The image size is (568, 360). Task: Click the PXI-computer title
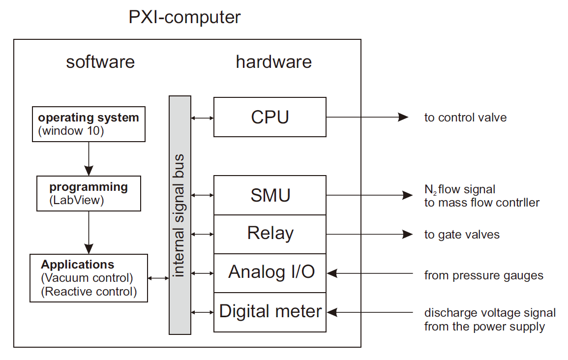click(x=185, y=17)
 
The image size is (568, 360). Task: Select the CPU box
click(x=269, y=117)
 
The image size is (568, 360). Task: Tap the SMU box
click(x=269, y=195)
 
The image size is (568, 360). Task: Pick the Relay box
click(x=269, y=234)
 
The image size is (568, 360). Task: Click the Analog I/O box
click(x=269, y=273)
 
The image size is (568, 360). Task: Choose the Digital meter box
click(x=269, y=312)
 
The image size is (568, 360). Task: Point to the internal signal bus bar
click(x=179, y=215)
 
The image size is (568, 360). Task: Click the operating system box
click(x=89, y=124)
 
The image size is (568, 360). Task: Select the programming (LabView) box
click(x=89, y=194)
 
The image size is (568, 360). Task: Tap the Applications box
click(x=89, y=277)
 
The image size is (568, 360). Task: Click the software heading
click(x=100, y=62)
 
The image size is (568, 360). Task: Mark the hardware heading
click(x=273, y=62)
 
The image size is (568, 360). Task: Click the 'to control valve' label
click(x=465, y=118)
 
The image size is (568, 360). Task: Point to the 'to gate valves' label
click(x=462, y=235)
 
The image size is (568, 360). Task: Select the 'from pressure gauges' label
click(x=483, y=275)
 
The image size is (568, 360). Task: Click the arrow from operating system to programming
click(x=89, y=158)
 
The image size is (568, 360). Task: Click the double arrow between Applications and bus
click(x=158, y=278)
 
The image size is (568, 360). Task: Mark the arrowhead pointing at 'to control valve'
click(x=403, y=117)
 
